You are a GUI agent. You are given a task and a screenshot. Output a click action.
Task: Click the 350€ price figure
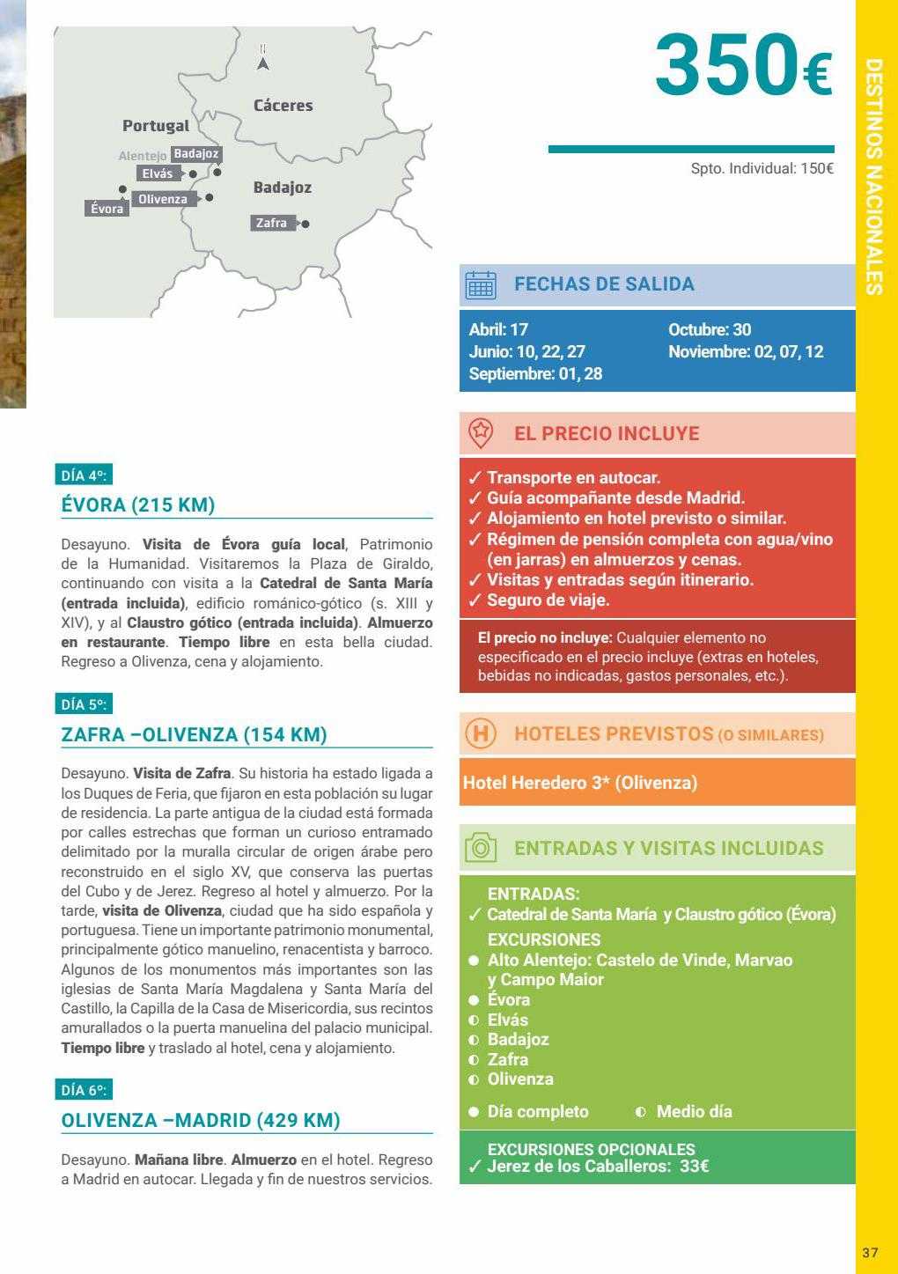point(744,65)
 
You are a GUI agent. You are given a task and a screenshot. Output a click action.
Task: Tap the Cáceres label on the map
point(283,106)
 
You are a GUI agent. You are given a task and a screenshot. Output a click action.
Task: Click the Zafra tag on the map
point(271,224)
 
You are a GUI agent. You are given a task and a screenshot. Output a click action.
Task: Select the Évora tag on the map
point(107,209)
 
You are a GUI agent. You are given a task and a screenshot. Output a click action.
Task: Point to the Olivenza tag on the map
point(163,199)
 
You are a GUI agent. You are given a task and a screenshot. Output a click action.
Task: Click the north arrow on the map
point(262,60)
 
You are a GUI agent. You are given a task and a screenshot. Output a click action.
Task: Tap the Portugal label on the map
point(156,126)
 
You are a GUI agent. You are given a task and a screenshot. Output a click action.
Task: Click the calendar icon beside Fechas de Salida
point(481,285)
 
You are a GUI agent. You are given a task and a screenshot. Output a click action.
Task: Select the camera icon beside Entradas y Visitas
point(481,848)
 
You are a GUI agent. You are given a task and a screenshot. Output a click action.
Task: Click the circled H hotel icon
point(481,733)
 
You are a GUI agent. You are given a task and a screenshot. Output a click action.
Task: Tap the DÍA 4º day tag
point(84,476)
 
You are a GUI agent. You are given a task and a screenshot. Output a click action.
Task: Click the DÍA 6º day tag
point(84,1090)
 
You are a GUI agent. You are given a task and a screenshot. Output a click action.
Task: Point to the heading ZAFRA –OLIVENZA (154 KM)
point(194,734)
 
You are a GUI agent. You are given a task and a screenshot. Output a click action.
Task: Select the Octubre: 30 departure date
point(710,330)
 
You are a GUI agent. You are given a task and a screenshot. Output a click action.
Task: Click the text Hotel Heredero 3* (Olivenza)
point(579,782)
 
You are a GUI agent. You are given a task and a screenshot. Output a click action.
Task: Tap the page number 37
point(870,1252)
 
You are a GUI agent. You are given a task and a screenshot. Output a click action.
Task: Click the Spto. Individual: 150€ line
point(762,168)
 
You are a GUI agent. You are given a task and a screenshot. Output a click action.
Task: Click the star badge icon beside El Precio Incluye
point(481,431)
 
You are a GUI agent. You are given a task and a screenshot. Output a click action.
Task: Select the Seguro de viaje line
point(548,600)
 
